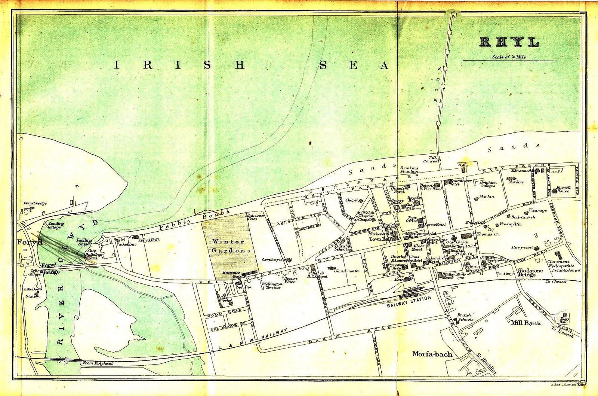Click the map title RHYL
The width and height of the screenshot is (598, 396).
(x=509, y=42)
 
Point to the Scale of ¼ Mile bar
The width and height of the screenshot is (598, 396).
(x=509, y=60)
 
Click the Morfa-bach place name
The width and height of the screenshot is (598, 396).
(x=432, y=354)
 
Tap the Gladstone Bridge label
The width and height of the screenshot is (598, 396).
(x=530, y=273)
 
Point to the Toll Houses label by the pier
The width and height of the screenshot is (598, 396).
(x=430, y=160)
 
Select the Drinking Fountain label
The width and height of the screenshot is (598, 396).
(x=409, y=170)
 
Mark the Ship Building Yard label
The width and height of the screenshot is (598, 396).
(x=92, y=255)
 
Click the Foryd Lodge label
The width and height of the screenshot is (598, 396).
(x=35, y=203)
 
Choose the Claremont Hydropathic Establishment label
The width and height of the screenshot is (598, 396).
(x=564, y=266)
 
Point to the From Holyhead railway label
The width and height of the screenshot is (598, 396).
(x=98, y=363)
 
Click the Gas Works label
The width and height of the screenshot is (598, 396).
(x=225, y=299)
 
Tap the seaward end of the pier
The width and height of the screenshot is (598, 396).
(x=453, y=15)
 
